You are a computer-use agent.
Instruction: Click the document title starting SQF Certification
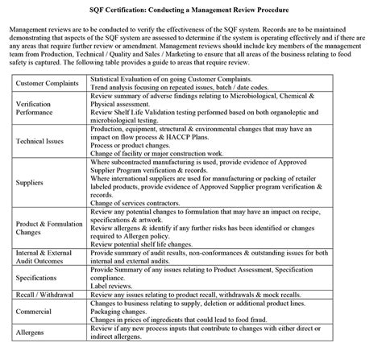click(191, 7)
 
